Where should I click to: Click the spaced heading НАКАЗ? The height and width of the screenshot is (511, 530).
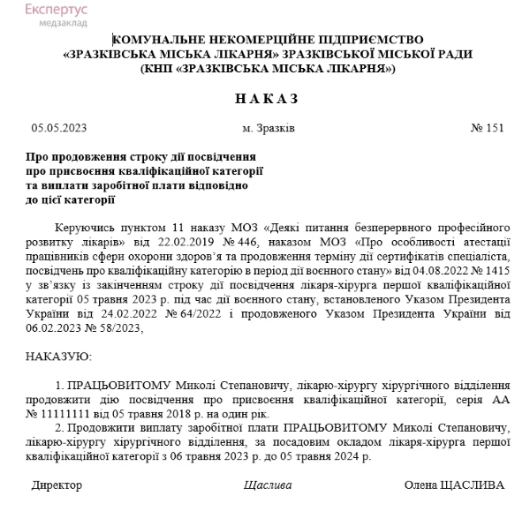click(x=267, y=97)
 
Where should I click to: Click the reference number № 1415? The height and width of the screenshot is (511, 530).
click(x=489, y=270)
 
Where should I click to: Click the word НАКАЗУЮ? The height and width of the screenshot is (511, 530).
click(x=60, y=357)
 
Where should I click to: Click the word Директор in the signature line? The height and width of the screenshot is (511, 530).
click(x=57, y=485)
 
